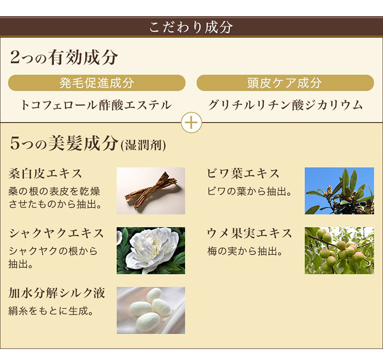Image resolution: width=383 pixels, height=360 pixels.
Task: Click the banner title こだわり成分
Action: pos(191,27)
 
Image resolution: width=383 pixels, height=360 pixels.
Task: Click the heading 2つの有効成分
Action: pos(64,58)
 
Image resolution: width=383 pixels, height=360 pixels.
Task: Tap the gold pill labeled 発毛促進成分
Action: pos(97,83)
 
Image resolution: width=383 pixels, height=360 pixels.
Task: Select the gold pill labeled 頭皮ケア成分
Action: pos(285,83)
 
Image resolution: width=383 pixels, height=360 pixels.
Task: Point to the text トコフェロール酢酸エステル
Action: pos(97,105)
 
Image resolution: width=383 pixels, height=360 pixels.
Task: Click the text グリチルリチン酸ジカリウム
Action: pos(285,105)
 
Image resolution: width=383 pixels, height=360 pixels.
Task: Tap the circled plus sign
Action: pos(191,123)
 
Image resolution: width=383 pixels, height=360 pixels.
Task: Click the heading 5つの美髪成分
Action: pos(65,144)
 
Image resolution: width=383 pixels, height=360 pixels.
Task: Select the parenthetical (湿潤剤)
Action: pos(143,145)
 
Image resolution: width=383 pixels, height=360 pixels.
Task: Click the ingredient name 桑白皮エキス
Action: pos(45,173)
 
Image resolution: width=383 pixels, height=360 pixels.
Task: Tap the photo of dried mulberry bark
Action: pos(151,191)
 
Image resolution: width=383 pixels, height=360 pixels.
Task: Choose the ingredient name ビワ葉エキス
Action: pos(243,173)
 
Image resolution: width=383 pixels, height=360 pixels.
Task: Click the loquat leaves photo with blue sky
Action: pos(339,191)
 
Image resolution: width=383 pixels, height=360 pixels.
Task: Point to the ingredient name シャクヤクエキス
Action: pos(57,233)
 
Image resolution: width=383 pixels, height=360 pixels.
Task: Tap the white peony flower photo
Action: pos(151,250)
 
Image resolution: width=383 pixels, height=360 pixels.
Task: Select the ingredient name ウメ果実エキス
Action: pos(249,233)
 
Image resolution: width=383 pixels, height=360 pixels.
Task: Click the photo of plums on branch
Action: pos(339,250)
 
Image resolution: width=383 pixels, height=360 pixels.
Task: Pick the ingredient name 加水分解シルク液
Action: pos(57,293)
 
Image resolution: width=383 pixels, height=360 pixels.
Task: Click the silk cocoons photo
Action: pos(151,310)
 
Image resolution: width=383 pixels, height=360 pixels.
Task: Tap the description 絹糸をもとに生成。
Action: pos(51,311)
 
